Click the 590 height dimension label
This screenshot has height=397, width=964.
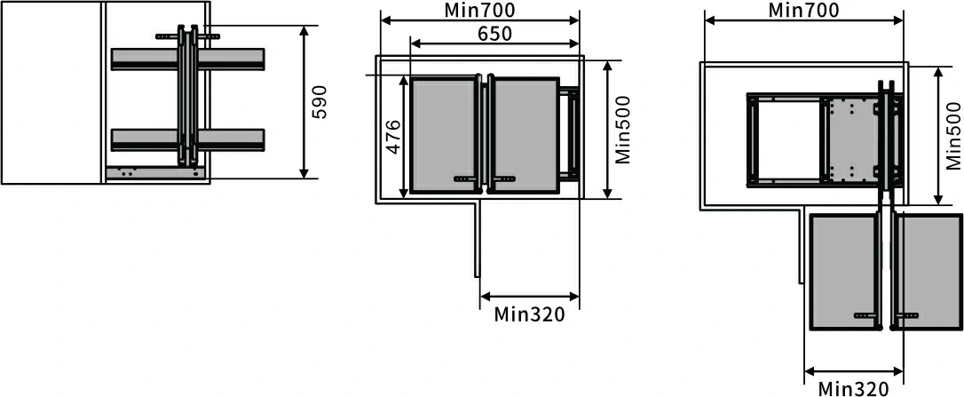pyautogui.click(x=319, y=102)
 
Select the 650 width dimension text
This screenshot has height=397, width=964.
pyautogui.click(x=494, y=33)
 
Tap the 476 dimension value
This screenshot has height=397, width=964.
pyautogui.click(x=393, y=137)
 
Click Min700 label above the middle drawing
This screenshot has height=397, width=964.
pyautogui.click(x=479, y=10)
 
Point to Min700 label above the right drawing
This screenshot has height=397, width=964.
pyautogui.click(x=803, y=10)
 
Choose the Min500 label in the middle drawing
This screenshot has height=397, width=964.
pyautogui.click(x=623, y=130)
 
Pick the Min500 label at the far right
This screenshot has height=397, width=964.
pyautogui.click(x=953, y=135)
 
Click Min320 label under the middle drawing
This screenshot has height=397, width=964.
pyautogui.click(x=529, y=314)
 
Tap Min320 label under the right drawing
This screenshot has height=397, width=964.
pyautogui.click(x=853, y=389)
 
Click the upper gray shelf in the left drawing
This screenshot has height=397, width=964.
pyautogui.click(x=188, y=59)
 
